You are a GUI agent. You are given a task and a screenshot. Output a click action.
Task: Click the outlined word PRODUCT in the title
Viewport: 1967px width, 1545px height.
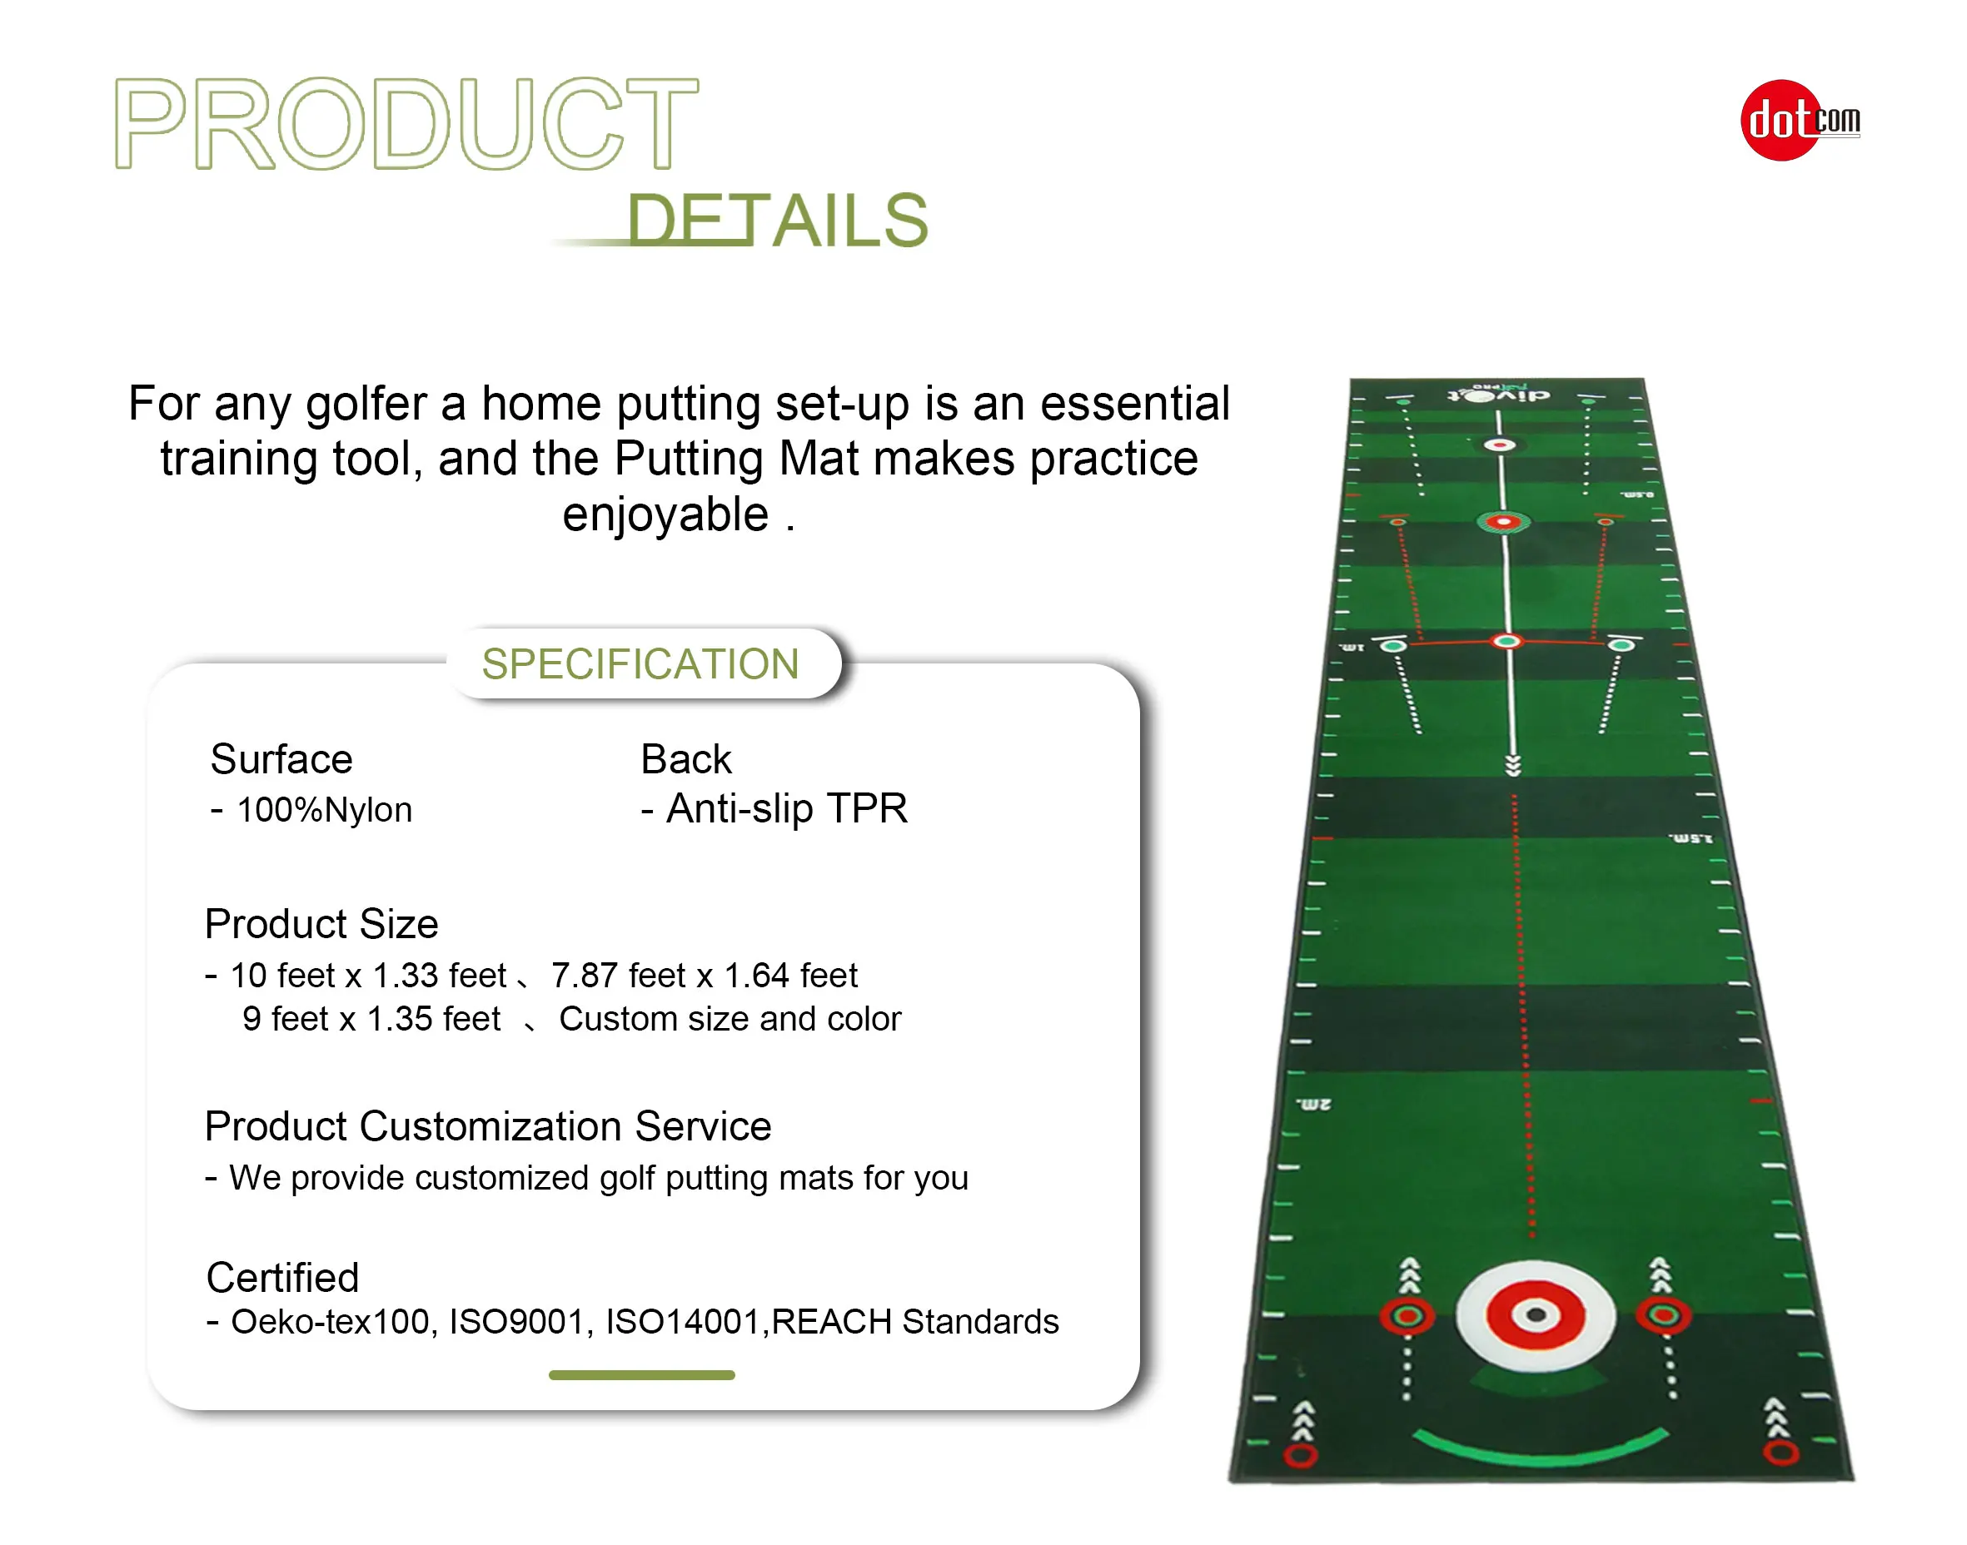coord(406,124)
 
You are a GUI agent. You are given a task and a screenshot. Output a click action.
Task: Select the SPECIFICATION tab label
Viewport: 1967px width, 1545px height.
coord(640,664)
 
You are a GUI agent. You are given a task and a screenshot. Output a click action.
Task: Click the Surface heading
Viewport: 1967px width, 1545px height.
coord(281,759)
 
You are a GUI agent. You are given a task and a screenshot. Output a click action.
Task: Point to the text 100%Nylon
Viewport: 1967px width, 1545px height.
coord(324,810)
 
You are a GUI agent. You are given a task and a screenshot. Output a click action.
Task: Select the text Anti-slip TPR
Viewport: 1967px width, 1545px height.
coord(785,807)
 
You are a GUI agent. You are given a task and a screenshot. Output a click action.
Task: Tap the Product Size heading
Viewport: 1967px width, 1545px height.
coord(321,923)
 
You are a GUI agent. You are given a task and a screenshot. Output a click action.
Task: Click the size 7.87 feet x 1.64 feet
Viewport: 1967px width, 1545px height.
coord(704,975)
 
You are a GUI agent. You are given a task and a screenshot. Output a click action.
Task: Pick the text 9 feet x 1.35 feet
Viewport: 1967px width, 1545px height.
coord(371,1019)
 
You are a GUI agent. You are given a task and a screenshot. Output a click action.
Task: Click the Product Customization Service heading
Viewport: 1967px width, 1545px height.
coord(488,1126)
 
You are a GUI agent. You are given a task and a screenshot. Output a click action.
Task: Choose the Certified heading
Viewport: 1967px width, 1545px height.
coord(282,1277)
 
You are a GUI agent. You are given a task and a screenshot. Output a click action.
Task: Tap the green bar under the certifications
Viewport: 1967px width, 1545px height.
coord(641,1375)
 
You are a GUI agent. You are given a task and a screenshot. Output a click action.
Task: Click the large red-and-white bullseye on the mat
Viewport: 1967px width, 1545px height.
coord(1536,1315)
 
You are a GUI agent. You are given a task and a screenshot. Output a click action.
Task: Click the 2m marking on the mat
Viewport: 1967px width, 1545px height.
coord(1314,1105)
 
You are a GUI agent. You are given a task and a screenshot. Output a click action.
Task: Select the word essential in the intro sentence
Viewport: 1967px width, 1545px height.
coord(1134,404)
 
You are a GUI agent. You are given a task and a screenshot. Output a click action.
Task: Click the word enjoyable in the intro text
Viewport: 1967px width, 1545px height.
coord(665,514)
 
